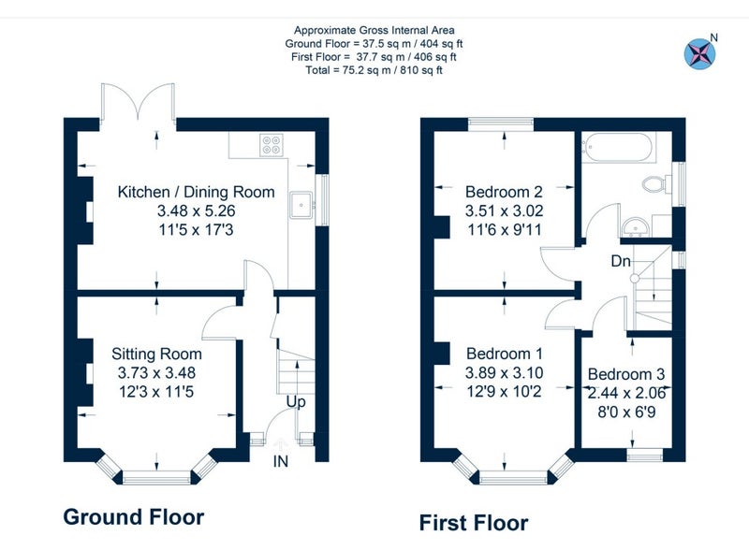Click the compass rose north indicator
click(x=700, y=53)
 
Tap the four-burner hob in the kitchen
click(x=272, y=145)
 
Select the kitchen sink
click(x=301, y=205)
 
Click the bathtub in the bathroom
click(x=617, y=147)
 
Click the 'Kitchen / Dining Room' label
click(x=196, y=192)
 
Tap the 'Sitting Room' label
click(x=156, y=354)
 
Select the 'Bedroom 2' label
click(x=504, y=192)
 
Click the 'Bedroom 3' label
click(x=626, y=374)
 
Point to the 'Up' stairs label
click(x=296, y=402)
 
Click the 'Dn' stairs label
click(x=621, y=261)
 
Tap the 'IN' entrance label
click(x=281, y=461)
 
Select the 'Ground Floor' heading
click(x=134, y=517)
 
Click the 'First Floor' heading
click(x=474, y=523)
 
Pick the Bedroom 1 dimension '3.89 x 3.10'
click(x=504, y=373)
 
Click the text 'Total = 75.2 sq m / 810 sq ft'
click(x=374, y=70)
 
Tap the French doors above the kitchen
click(x=138, y=101)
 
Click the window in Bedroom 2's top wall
click(x=501, y=124)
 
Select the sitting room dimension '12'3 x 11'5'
click(x=156, y=392)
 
